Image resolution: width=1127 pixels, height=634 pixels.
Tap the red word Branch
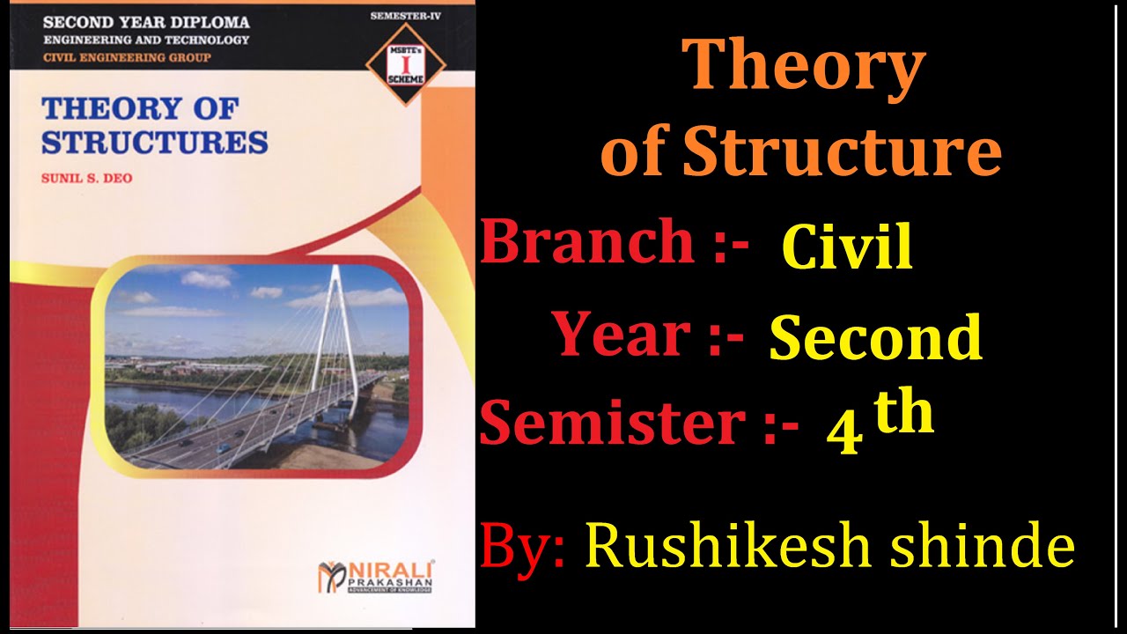[x=587, y=242]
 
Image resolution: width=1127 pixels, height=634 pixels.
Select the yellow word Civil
[x=847, y=247]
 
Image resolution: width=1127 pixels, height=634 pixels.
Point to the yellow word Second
[x=875, y=338]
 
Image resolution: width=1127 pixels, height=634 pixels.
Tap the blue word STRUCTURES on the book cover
[x=154, y=143]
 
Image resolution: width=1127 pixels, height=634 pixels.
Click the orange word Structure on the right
[x=842, y=152]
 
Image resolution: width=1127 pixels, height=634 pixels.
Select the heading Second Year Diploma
[x=146, y=22]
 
